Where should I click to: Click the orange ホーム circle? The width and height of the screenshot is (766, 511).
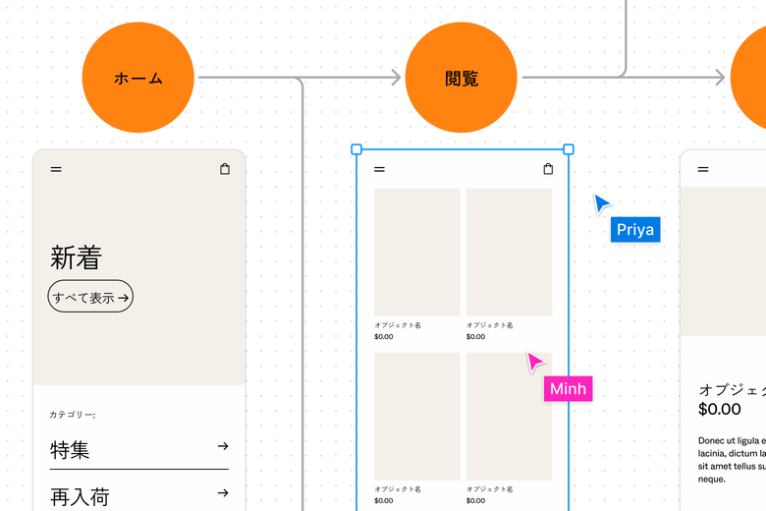pos(138,78)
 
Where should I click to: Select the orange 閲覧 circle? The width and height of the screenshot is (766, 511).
pos(461,78)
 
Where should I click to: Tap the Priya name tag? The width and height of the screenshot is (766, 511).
pos(634,230)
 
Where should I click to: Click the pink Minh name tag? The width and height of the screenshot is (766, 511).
pos(568,389)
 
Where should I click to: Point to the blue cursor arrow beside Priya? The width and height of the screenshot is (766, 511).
pos(601,202)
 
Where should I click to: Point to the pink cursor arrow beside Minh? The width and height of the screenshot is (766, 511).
pos(534,362)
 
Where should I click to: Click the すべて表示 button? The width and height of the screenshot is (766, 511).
pos(90,297)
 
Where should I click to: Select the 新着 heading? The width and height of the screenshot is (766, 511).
pos(76,257)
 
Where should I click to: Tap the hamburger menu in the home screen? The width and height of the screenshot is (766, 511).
pos(56,169)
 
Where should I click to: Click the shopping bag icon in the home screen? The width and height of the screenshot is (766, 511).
pos(225,169)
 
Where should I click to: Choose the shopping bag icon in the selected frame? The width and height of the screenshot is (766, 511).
pos(548,169)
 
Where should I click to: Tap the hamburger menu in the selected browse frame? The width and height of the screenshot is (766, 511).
pos(379,169)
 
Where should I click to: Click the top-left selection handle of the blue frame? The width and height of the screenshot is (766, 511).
pos(356,149)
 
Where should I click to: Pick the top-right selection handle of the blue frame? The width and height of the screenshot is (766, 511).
pos(569,149)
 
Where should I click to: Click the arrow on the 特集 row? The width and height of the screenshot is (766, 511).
pos(223,446)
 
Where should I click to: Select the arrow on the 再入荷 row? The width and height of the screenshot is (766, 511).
pos(223,493)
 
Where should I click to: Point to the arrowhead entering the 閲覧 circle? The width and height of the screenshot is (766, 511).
pos(396,78)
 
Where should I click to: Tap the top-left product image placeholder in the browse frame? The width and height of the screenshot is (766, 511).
pos(416,253)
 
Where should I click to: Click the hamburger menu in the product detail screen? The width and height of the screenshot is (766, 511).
pos(703,169)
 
